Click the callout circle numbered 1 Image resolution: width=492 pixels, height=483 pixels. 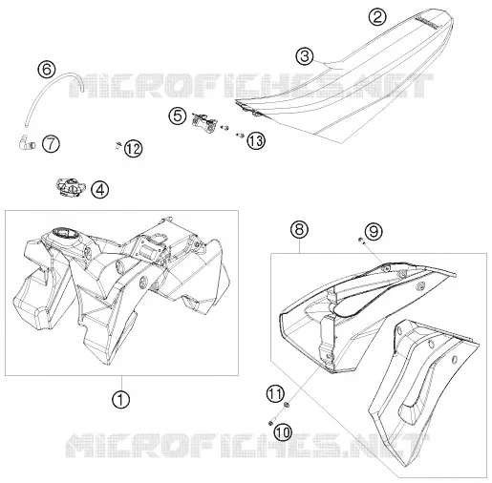(121, 399)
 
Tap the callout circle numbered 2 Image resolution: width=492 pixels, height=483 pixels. (377, 16)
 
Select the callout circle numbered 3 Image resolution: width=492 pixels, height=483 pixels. (305, 56)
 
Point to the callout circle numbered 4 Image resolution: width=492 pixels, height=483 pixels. (100, 190)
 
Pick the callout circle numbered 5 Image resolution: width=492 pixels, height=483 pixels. (178, 115)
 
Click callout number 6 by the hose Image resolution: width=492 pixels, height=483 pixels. (47, 69)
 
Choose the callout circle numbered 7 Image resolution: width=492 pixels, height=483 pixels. (51, 143)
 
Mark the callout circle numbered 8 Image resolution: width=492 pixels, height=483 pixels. (299, 229)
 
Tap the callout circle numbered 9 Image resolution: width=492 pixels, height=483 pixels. (374, 231)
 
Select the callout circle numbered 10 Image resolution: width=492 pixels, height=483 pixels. (283, 431)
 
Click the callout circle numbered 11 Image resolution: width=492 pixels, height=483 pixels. (275, 393)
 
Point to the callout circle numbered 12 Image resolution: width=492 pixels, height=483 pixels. (133, 149)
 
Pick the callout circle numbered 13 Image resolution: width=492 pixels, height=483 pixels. (256, 140)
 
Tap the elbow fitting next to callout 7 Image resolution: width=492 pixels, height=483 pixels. (26, 142)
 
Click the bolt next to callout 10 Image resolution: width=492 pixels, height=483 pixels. (272, 422)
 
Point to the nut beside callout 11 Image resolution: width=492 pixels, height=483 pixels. (287, 405)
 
